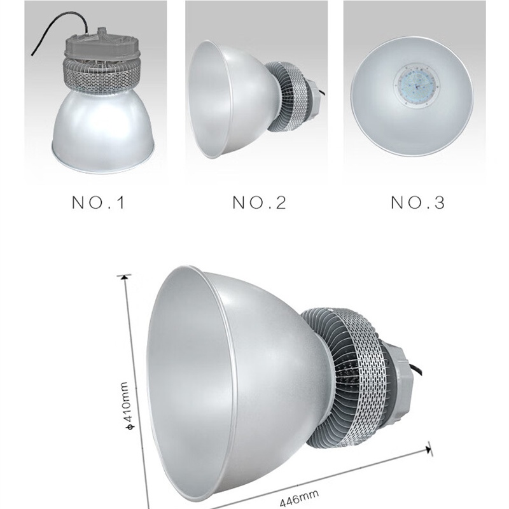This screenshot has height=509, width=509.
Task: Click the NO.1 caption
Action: coord(99,202)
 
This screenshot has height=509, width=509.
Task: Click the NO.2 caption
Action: coord(260,202)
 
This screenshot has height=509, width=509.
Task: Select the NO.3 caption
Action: coord(418,202)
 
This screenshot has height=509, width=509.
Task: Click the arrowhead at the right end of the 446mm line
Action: coord(428,450)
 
